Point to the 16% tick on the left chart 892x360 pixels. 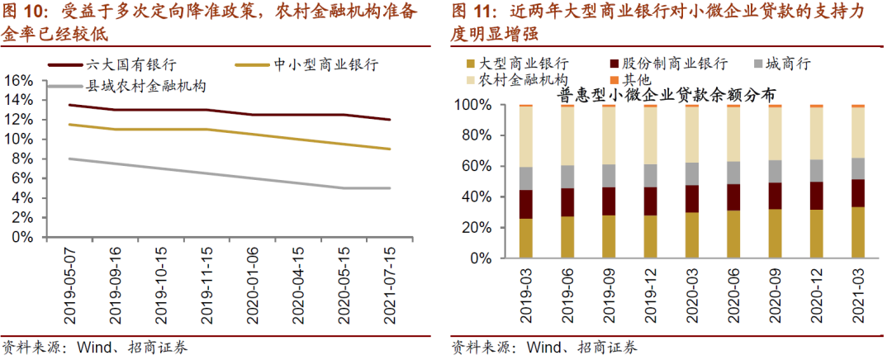coord(19,80)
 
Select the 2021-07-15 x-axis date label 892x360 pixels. coord(390,282)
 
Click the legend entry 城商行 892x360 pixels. coord(787,64)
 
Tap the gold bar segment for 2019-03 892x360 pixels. coord(524,239)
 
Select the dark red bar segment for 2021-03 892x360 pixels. coord(857,192)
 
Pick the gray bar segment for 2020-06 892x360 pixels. coord(733,172)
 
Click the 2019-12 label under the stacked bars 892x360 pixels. coord(650,294)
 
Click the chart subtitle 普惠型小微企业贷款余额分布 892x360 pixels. coord(666,96)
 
